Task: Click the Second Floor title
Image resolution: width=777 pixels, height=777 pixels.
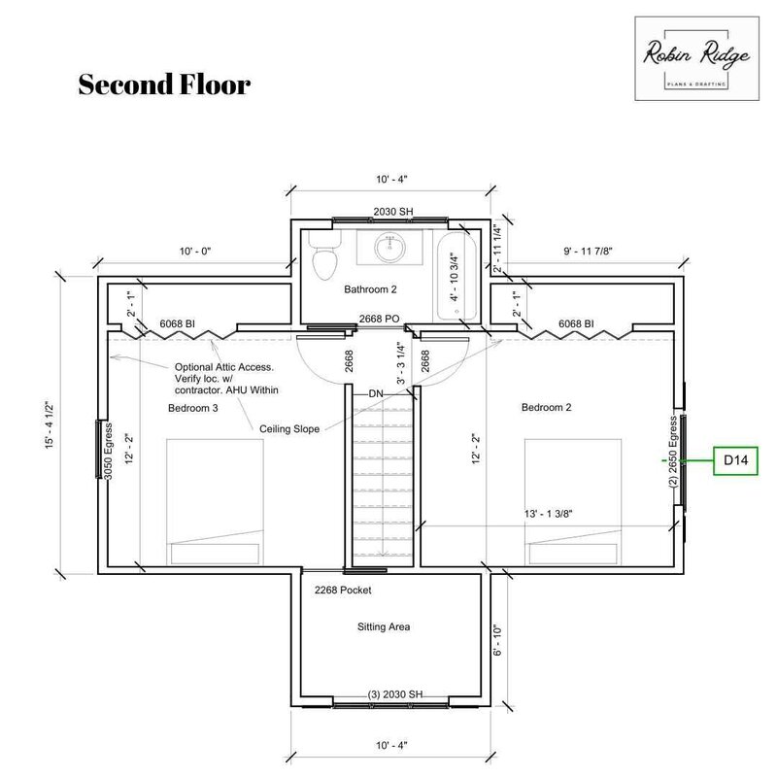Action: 164,84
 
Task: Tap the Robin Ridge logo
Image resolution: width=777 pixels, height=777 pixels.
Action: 696,58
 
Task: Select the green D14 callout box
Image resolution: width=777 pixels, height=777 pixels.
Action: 735,460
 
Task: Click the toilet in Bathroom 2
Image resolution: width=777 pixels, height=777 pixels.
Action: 324,254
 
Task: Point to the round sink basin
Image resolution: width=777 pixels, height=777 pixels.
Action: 390,248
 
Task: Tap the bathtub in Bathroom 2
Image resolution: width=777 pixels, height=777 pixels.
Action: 456,275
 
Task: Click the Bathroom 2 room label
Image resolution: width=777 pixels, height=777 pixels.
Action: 370,289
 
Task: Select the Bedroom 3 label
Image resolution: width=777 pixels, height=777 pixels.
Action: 192,408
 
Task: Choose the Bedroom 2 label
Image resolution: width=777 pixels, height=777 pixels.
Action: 546,407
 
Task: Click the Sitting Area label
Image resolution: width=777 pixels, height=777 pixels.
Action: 384,626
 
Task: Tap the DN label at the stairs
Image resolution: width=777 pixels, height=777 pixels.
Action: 376,394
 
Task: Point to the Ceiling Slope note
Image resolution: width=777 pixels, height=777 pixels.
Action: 289,429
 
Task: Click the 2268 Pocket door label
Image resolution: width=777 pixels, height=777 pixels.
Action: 343,591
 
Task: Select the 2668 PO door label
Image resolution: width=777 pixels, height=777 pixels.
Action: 379,320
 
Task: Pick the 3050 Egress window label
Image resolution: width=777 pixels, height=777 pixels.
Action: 109,452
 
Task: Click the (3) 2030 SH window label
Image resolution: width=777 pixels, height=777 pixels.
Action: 395,694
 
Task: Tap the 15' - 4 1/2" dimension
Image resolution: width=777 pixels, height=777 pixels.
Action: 50,424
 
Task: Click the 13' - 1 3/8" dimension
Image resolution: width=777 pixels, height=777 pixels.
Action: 548,514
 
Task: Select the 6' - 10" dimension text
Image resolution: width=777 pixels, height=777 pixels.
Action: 497,640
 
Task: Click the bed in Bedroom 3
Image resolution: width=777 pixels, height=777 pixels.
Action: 215,501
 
